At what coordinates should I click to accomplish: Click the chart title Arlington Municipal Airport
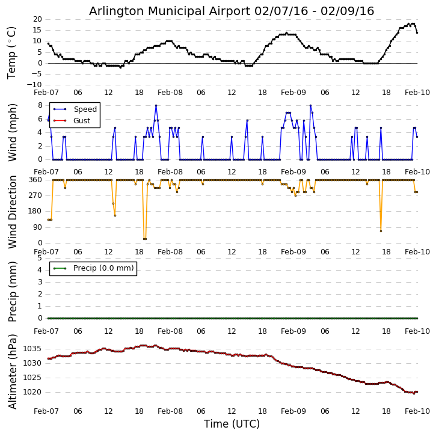tap(232, 11)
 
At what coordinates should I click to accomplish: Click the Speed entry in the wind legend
tap(85, 109)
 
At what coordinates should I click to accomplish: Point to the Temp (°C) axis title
tap(12, 52)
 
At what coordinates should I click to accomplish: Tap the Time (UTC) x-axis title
tap(232, 424)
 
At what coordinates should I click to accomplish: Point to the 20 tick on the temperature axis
tap(37, 19)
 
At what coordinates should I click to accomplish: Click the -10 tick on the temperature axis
tap(35, 85)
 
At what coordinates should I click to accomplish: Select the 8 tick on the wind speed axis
tap(40, 105)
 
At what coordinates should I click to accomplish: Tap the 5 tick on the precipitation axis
tap(40, 258)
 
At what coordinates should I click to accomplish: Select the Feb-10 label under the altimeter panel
tap(417, 411)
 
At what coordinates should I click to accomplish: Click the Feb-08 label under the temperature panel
tap(170, 94)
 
